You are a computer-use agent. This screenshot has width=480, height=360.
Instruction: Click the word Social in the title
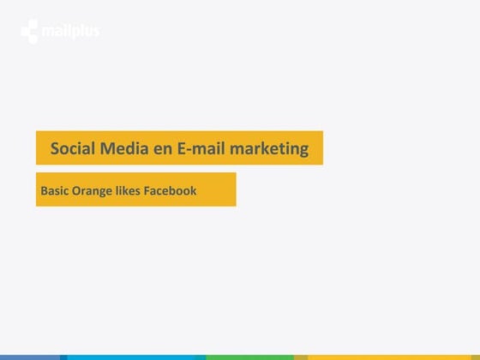click(72, 148)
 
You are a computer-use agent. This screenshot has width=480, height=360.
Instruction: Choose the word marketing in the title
click(268, 149)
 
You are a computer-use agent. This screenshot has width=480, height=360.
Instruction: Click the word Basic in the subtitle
click(54, 190)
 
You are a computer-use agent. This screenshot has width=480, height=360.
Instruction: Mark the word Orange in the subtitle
click(92, 191)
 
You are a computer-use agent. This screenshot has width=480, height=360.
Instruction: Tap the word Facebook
click(172, 190)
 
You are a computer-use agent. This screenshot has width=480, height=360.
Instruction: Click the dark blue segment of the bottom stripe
click(31, 357)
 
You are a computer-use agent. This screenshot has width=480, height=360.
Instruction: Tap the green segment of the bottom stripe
click(249, 357)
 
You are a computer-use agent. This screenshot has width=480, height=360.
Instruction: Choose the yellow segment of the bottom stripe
click(393, 357)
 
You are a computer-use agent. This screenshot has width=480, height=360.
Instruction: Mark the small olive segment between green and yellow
click(300, 357)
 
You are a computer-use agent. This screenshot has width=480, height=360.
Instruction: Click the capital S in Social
click(55, 148)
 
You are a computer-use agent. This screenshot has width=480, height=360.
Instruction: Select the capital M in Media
click(108, 148)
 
